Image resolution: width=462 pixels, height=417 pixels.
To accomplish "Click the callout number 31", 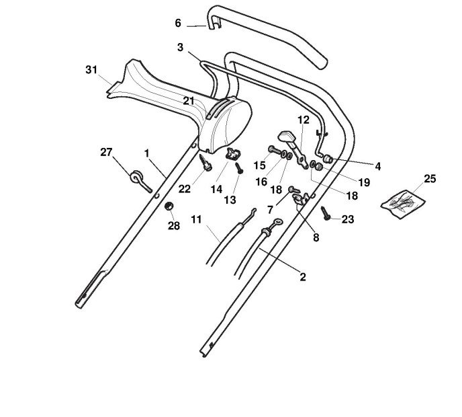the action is coord(93,69).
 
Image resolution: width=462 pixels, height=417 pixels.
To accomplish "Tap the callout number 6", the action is coord(178,23).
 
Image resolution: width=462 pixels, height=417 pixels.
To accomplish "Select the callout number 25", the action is coord(430,179).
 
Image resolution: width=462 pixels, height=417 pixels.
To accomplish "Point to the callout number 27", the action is coord(106,152).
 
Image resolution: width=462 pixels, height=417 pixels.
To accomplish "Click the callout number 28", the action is coord(174,226).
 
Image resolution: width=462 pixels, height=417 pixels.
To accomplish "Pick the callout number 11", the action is coord(196,219).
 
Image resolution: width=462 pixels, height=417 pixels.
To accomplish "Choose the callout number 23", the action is coord(347,219).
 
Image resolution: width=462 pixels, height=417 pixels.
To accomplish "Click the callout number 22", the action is coord(185,189).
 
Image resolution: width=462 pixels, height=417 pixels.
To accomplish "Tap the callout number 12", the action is coord(304,120).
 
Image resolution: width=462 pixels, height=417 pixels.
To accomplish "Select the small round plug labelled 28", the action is coord(170,205).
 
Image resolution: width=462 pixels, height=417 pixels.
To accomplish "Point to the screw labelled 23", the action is coord(326,213).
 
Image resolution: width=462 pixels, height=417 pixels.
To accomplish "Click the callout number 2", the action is coord(303,276).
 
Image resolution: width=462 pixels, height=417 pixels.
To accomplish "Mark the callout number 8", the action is coord(316,237).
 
